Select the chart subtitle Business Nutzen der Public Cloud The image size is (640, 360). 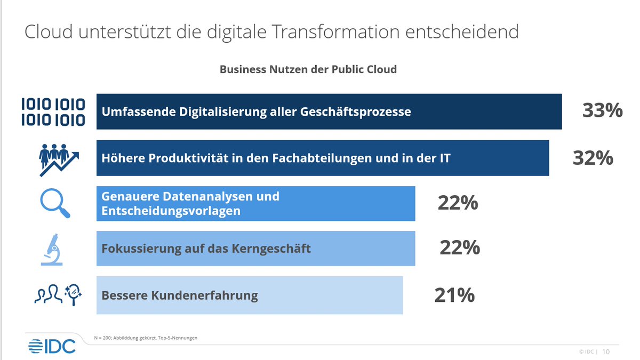coord(308,69)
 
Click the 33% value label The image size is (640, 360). coord(602,110)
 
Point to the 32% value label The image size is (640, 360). coord(593,158)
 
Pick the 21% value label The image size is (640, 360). coord(454,295)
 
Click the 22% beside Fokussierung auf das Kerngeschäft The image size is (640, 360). coord(460,247)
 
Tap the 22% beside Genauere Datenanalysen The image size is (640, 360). coord(458,203)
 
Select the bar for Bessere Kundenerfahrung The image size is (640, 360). coord(249,295)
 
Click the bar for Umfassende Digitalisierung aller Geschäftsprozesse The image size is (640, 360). coord(329,111)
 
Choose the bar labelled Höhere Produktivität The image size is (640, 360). coord(322,158)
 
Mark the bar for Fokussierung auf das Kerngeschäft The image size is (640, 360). coord(255,249)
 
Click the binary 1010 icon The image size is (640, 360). coord(53,112)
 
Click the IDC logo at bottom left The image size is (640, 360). coord(52,346)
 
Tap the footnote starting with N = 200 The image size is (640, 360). coord(146,338)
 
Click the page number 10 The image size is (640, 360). coord(606,352)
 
